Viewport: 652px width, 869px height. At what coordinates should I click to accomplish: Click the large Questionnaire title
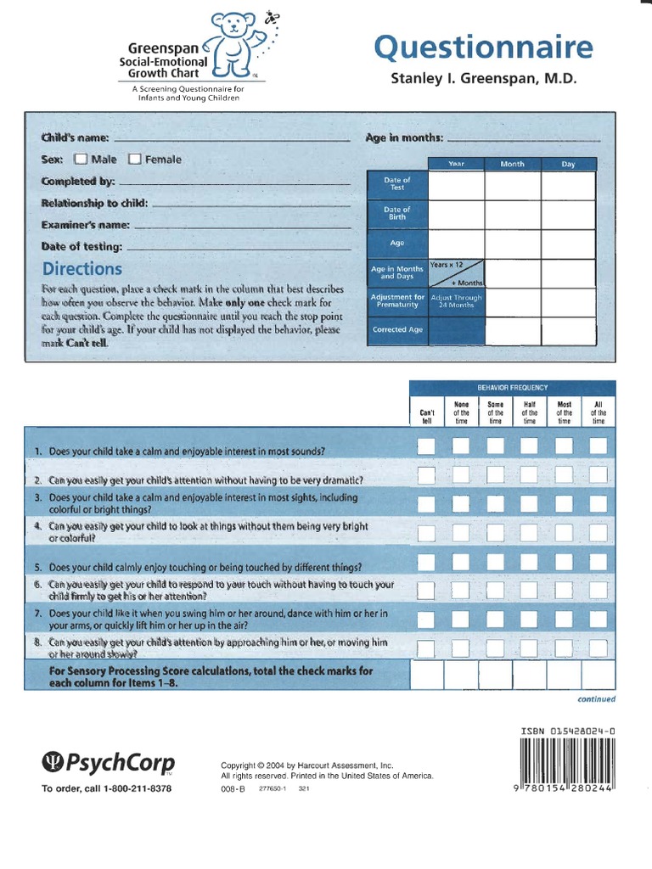pyautogui.click(x=482, y=48)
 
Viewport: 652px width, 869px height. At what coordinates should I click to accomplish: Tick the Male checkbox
pyautogui.click(x=81, y=159)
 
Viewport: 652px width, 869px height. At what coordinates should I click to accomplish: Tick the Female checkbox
pyautogui.click(x=134, y=159)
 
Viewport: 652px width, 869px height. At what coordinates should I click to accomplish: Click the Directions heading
pyautogui.click(x=81, y=269)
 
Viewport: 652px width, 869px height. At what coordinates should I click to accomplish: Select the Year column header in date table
pyautogui.click(x=457, y=164)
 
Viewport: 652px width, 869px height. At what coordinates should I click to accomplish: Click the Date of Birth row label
pyautogui.click(x=396, y=213)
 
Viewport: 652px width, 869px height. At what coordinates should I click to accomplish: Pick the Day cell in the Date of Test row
pyautogui.click(x=569, y=184)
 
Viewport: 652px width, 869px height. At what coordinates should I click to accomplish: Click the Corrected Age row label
pyautogui.click(x=396, y=329)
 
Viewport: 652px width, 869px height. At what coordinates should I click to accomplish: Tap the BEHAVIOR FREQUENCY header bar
pyautogui.click(x=513, y=386)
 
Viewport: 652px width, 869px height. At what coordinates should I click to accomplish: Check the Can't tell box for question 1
pyautogui.click(x=426, y=446)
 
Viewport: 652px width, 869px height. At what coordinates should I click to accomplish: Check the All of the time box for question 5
pyautogui.click(x=599, y=562)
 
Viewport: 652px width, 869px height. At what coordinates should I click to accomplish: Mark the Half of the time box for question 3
pyautogui.click(x=529, y=502)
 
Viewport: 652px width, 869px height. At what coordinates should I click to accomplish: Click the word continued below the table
pyautogui.click(x=596, y=699)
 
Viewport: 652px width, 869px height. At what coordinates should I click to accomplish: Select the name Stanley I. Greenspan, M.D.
pyautogui.click(x=483, y=79)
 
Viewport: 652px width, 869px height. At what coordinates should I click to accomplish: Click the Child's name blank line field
pyautogui.click(x=231, y=138)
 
